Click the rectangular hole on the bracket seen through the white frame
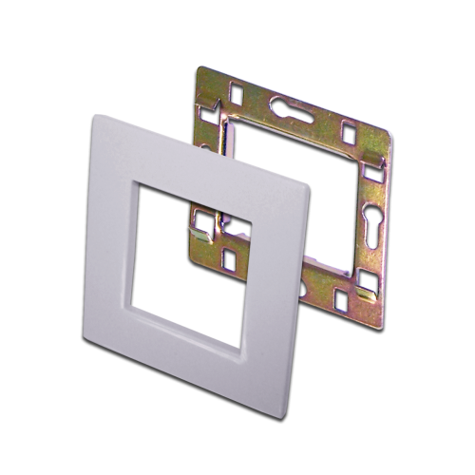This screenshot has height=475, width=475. click(232, 256)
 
